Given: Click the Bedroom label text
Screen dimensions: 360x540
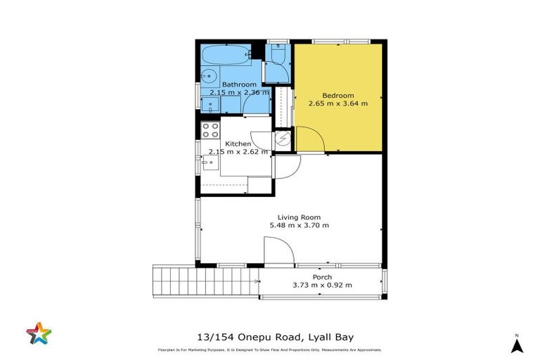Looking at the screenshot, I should [x=337, y=95].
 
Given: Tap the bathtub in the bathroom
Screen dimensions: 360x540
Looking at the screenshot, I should [x=224, y=53].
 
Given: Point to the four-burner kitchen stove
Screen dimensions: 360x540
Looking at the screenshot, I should [x=210, y=130].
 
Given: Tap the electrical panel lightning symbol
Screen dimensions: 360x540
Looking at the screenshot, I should [x=283, y=139].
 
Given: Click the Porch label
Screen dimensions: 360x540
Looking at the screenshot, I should [x=322, y=276].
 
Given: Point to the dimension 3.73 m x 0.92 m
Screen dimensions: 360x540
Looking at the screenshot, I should [x=322, y=285].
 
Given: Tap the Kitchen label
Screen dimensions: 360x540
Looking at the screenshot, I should [x=238, y=143].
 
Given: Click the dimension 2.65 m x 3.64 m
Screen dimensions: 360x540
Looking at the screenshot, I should [x=337, y=103].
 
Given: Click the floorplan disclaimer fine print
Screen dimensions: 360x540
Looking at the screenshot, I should [x=269, y=350].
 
